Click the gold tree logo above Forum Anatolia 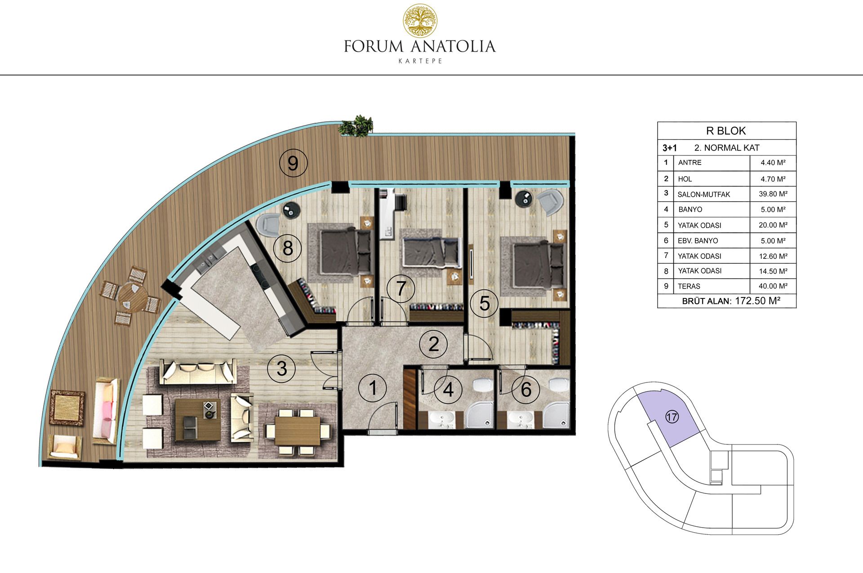coord(420,21)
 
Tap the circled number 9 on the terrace coord(293,163)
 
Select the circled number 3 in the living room coord(281,369)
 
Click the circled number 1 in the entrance coord(373,388)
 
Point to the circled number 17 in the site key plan coord(672,417)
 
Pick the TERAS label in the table coord(689,286)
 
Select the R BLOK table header coord(726,131)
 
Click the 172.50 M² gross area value coord(757,301)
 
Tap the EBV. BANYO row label coord(698,241)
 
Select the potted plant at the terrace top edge coord(356,125)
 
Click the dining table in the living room coord(298,431)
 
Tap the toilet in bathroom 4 coord(482,386)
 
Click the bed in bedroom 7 coord(431,252)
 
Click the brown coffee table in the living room coord(198,419)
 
